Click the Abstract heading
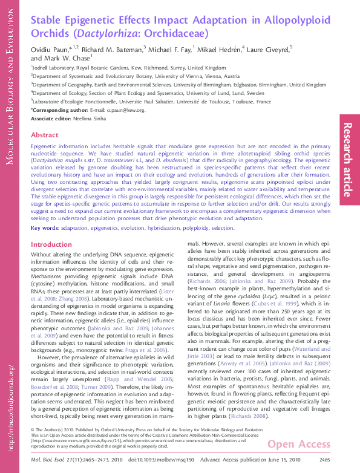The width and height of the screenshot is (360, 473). click(x=44, y=135)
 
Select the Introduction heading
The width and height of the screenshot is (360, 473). click(x=51, y=245)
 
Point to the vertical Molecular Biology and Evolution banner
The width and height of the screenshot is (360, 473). click(x=10, y=85)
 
